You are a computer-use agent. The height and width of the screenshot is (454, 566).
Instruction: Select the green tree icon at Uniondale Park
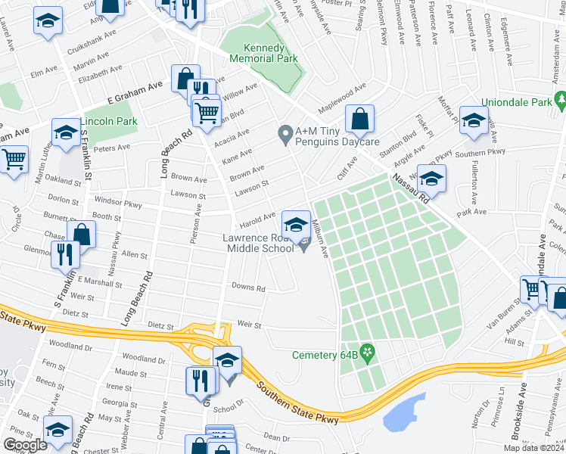pos(560,99)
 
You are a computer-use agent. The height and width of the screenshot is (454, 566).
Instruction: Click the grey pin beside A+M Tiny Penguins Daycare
pos(285,135)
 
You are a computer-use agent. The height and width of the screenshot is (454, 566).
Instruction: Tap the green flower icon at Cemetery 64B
pos(368,352)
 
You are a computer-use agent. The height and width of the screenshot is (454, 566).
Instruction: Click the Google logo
pos(25,444)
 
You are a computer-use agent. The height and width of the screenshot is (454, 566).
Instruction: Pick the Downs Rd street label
pos(248,288)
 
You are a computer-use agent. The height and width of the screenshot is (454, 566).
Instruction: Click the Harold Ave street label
pos(257,216)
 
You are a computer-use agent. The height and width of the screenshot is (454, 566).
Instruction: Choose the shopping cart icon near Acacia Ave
pos(206,113)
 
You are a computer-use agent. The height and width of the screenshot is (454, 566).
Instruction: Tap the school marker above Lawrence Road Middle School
pos(295,223)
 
